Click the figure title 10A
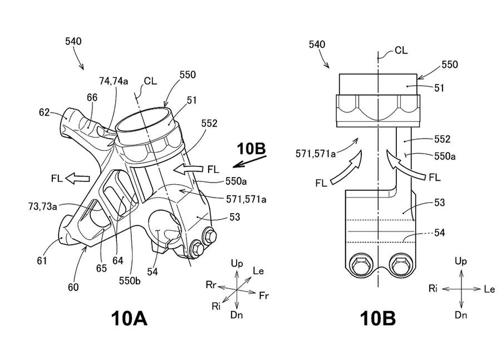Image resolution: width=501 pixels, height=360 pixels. tap(129, 318)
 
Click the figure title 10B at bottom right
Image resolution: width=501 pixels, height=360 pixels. tap(377, 318)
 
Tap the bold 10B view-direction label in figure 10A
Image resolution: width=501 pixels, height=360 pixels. tap(251, 149)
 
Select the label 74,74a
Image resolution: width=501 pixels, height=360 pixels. tap(114, 81)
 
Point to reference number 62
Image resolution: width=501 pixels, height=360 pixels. tap(45, 112)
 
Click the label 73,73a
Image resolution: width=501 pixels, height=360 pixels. tap(43, 206)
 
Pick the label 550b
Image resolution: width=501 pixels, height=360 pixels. tap(130, 280)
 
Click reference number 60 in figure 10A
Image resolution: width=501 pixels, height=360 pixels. tap(73, 287)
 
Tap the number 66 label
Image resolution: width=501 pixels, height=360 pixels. tap(92, 97)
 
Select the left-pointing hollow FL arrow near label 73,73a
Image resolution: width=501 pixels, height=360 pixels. tap(77, 178)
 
